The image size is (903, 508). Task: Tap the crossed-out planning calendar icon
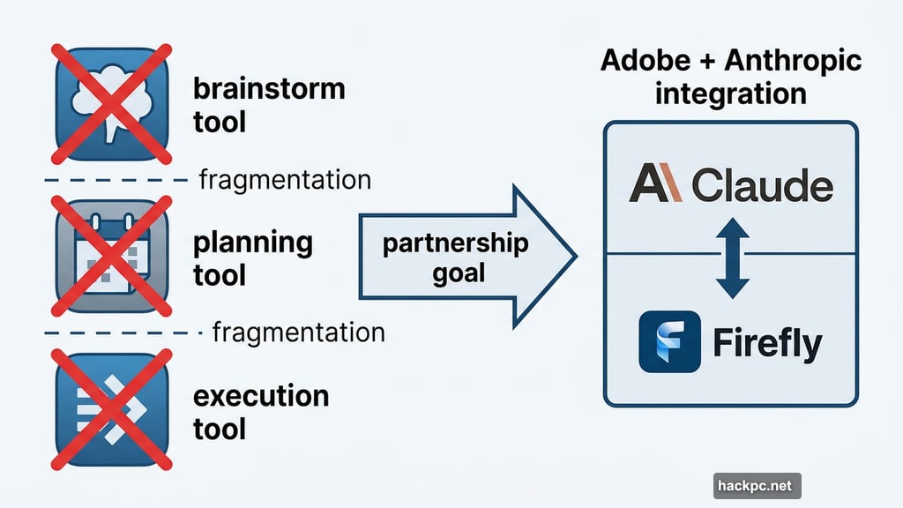tap(110, 256)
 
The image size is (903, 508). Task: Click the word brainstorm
tap(268, 91)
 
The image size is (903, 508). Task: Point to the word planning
tap(253, 243)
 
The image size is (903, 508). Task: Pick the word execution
tap(260, 396)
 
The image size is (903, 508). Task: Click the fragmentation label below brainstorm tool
tap(284, 181)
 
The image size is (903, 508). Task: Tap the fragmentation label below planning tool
tap(298, 333)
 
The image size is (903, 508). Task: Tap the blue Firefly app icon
tap(669, 341)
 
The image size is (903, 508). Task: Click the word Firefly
tap(766, 343)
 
